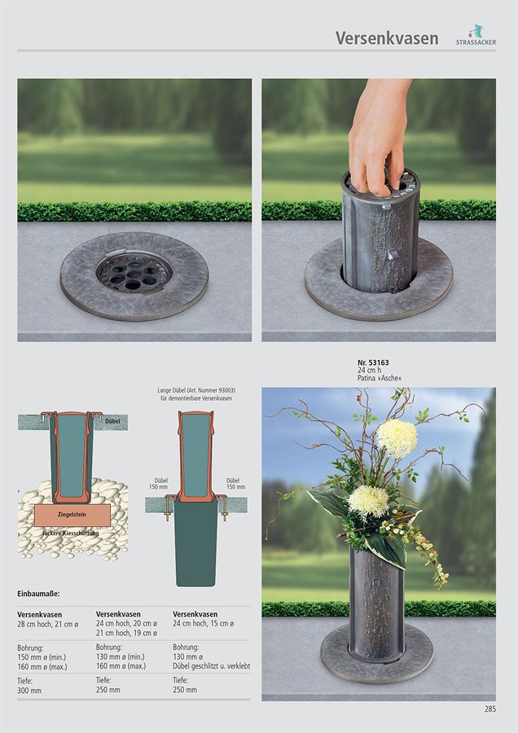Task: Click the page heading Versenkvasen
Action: click(387, 37)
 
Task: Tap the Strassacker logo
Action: click(476, 35)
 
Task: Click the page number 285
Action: click(490, 709)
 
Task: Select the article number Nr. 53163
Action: click(373, 362)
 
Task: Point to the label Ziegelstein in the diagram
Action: click(72, 514)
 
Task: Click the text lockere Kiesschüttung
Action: click(71, 533)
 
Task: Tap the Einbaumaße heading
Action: click(38, 594)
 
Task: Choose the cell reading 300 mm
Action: click(29, 690)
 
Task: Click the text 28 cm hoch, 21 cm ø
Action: click(48, 624)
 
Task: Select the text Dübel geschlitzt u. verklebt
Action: click(211, 665)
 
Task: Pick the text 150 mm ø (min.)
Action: click(42, 657)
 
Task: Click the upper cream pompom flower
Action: click(397, 438)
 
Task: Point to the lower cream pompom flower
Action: click(368, 502)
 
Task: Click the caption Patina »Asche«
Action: click(380, 378)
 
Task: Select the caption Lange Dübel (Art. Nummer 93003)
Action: click(196, 390)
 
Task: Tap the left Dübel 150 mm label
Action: click(159, 483)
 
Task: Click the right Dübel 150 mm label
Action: click(235, 483)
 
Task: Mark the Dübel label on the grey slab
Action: click(112, 421)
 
